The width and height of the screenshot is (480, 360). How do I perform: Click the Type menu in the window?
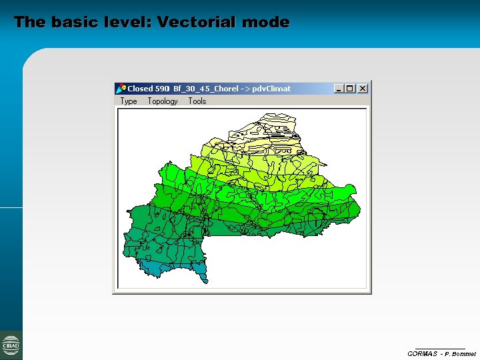pos(129,101)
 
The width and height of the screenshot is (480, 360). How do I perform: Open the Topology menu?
pos(163,101)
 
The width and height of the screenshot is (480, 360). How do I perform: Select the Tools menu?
pos(197,101)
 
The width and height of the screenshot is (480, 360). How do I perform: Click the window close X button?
pos(363,89)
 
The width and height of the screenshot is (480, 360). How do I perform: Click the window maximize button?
pos(351,89)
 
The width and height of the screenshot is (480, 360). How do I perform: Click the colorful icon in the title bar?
pos(121,89)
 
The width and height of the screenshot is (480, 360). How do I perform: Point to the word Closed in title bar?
pos(140,89)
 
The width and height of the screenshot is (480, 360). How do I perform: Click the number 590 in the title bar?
pos(163,89)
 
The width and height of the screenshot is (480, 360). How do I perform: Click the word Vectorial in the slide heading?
pos(197,22)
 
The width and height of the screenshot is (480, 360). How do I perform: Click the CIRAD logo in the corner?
pos(11,345)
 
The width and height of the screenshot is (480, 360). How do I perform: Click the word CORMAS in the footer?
pos(422,353)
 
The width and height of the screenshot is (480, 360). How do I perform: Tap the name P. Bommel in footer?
pos(461,353)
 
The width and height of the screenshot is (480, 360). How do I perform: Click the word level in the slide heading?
pos(126,22)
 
